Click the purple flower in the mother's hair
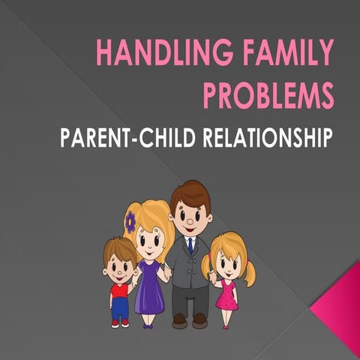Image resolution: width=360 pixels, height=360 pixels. [130, 221]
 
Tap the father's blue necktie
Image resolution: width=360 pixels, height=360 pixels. [190, 245]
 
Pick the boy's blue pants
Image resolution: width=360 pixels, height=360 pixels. [119, 309]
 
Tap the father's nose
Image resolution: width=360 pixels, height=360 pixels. [191, 223]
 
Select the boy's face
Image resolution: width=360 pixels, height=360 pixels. [118, 265]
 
